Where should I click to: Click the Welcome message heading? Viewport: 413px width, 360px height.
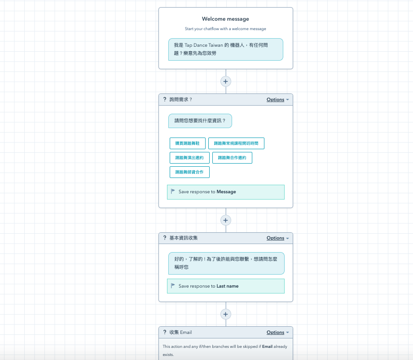point(225,19)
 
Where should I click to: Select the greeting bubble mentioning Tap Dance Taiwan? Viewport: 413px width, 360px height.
point(225,49)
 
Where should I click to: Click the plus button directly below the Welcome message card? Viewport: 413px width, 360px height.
point(225,81)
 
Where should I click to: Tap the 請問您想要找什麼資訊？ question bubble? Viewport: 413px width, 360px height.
point(200,121)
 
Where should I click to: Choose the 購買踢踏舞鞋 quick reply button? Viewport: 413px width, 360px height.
point(187,143)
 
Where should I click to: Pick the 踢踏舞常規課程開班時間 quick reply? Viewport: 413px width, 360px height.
point(236,143)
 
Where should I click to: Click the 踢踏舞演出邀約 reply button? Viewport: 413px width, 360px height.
point(189,158)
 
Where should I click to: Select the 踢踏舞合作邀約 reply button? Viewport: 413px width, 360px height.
point(232,158)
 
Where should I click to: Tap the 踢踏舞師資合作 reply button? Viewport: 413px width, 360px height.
point(189,172)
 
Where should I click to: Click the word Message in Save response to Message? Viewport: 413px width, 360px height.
point(226,192)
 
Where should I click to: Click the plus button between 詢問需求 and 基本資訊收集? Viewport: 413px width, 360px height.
point(225,220)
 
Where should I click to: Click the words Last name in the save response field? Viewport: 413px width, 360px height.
point(228,286)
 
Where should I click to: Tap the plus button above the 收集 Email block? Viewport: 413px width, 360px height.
point(225,314)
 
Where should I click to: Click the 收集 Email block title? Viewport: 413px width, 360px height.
point(180,333)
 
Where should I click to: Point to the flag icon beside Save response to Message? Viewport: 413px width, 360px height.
point(173,191)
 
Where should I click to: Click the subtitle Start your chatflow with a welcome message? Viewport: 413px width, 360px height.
point(225,29)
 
